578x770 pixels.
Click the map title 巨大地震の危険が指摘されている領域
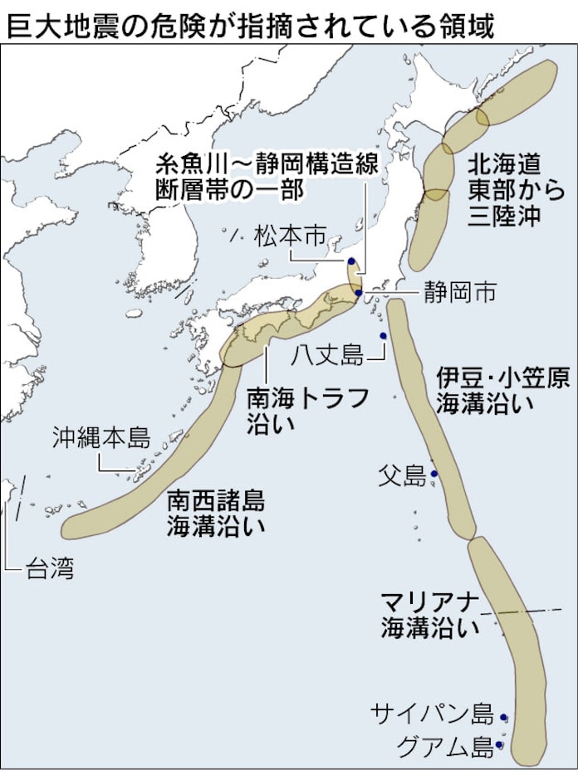pyautogui.click(x=250, y=24)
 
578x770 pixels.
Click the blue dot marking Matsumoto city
pyautogui.click(x=351, y=261)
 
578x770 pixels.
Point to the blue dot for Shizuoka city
pyautogui.click(x=358, y=292)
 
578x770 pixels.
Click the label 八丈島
pyautogui.click(x=329, y=356)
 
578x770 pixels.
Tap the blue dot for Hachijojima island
pyautogui.click(x=383, y=336)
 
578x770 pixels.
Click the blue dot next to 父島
pyautogui.click(x=433, y=475)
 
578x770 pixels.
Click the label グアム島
pyautogui.click(x=444, y=747)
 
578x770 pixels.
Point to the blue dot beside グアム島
pyautogui.click(x=500, y=744)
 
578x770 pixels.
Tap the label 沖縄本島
pyautogui.click(x=100, y=437)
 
